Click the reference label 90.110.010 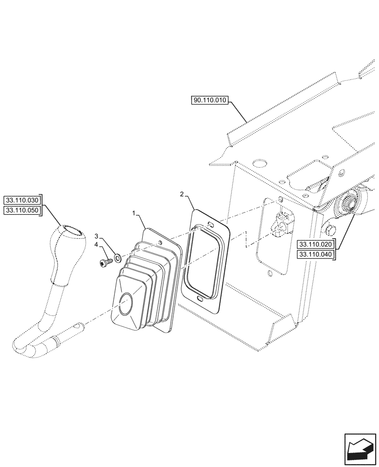(209, 100)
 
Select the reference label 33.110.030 (22, 201)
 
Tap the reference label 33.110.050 (22, 211)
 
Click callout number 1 (134, 213)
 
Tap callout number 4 (96, 244)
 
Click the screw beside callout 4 (105, 263)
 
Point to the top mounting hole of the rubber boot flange (161, 242)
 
